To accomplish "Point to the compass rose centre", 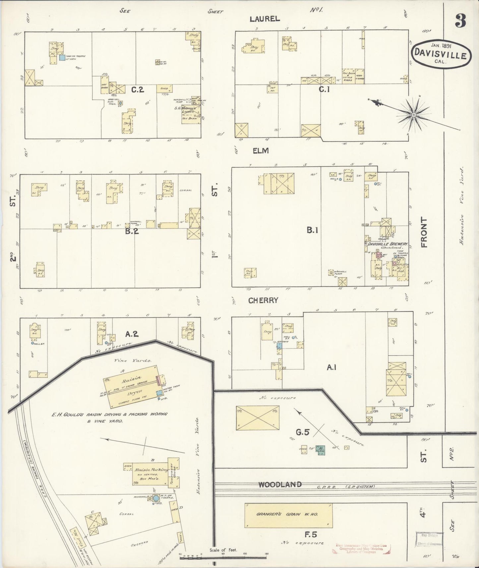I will [413, 115].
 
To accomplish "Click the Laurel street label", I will [265, 19].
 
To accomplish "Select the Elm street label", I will [260, 151].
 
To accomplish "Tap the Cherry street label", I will [263, 300].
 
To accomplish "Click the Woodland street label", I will [280, 484].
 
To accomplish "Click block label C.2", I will [138, 89].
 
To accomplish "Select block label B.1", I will [312, 230].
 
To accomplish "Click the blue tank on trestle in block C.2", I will [62, 58].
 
